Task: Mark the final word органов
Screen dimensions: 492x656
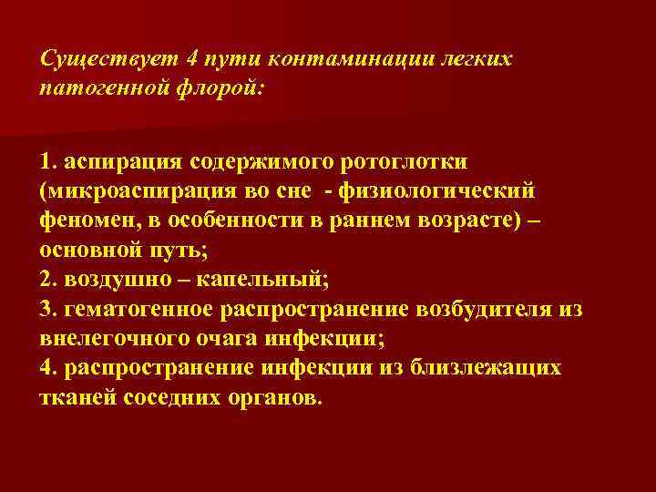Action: (x=277, y=398)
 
